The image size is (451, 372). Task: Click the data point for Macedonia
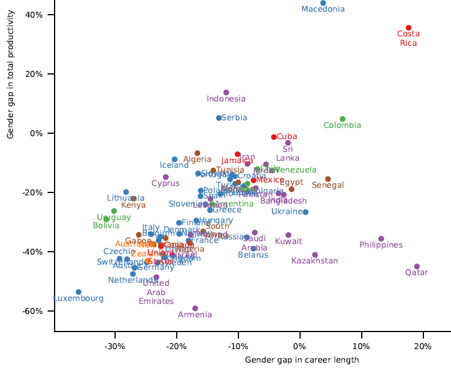tap(323, 3)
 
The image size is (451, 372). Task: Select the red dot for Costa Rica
tap(409, 28)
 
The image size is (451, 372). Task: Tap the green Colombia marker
tap(342, 119)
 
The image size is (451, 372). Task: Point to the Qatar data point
tap(417, 266)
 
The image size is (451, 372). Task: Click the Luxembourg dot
tap(79, 292)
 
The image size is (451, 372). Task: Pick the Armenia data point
tap(195, 309)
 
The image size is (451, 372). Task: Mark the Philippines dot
tap(381, 239)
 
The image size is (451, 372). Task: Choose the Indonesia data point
tap(226, 93)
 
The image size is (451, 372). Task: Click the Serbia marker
tap(219, 118)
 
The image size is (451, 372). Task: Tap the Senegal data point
tap(328, 179)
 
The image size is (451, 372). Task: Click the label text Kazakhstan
tap(315, 261)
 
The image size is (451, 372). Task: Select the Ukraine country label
tap(287, 211)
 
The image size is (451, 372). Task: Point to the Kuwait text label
tap(288, 241)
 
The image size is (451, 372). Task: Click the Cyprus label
tap(166, 183)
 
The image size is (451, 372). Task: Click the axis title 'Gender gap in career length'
tap(302, 360)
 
